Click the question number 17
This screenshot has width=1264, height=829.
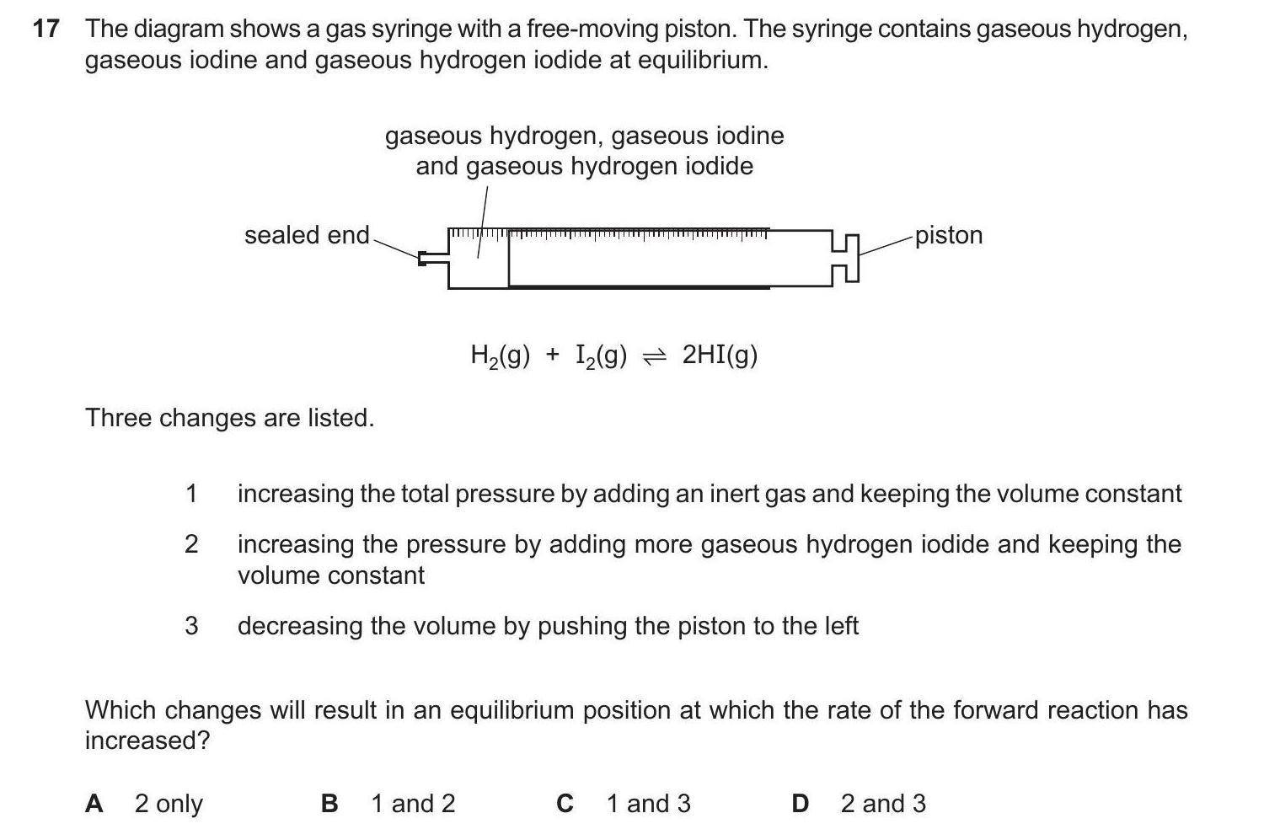[46, 29]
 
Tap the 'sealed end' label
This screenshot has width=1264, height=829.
[307, 235]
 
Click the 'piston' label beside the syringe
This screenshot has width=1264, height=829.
[949, 235]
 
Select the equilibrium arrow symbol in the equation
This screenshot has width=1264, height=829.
[655, 357]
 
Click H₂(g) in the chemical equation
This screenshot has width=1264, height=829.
[500, 356]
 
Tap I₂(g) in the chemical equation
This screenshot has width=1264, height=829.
[602, 356]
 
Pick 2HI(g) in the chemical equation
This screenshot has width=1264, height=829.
[720, 356]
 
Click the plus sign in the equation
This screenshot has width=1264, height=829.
[552, 356]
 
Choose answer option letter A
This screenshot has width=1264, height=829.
[94, 804]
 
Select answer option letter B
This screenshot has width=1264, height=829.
[329, 804]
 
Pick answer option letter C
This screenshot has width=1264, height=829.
[565, 804]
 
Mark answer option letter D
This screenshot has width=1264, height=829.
[800, 804]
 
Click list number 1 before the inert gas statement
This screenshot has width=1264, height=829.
[191, 494]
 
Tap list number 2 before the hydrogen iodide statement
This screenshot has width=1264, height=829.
[191, 545]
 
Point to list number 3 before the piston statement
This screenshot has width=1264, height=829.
[191, 626]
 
